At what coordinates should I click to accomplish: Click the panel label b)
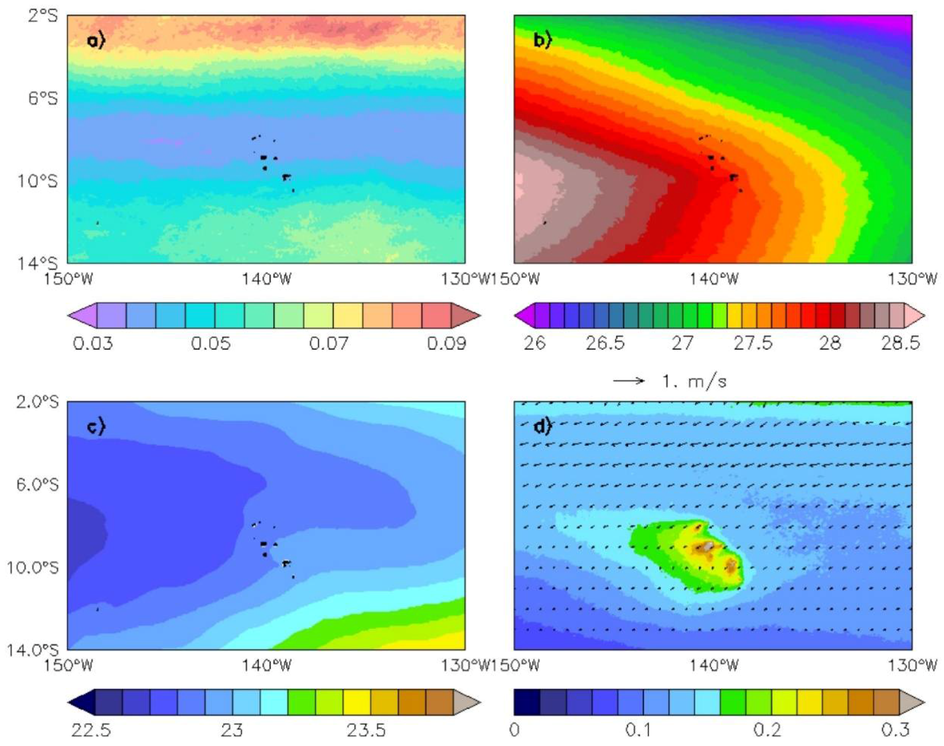click(543, 41)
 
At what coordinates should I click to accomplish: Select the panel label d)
click(543, 426)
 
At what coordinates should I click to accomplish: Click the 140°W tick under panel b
click(714, 278)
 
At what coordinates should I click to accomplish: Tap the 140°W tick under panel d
click(714, 665)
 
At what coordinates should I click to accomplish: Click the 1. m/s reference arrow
click(629, 381)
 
